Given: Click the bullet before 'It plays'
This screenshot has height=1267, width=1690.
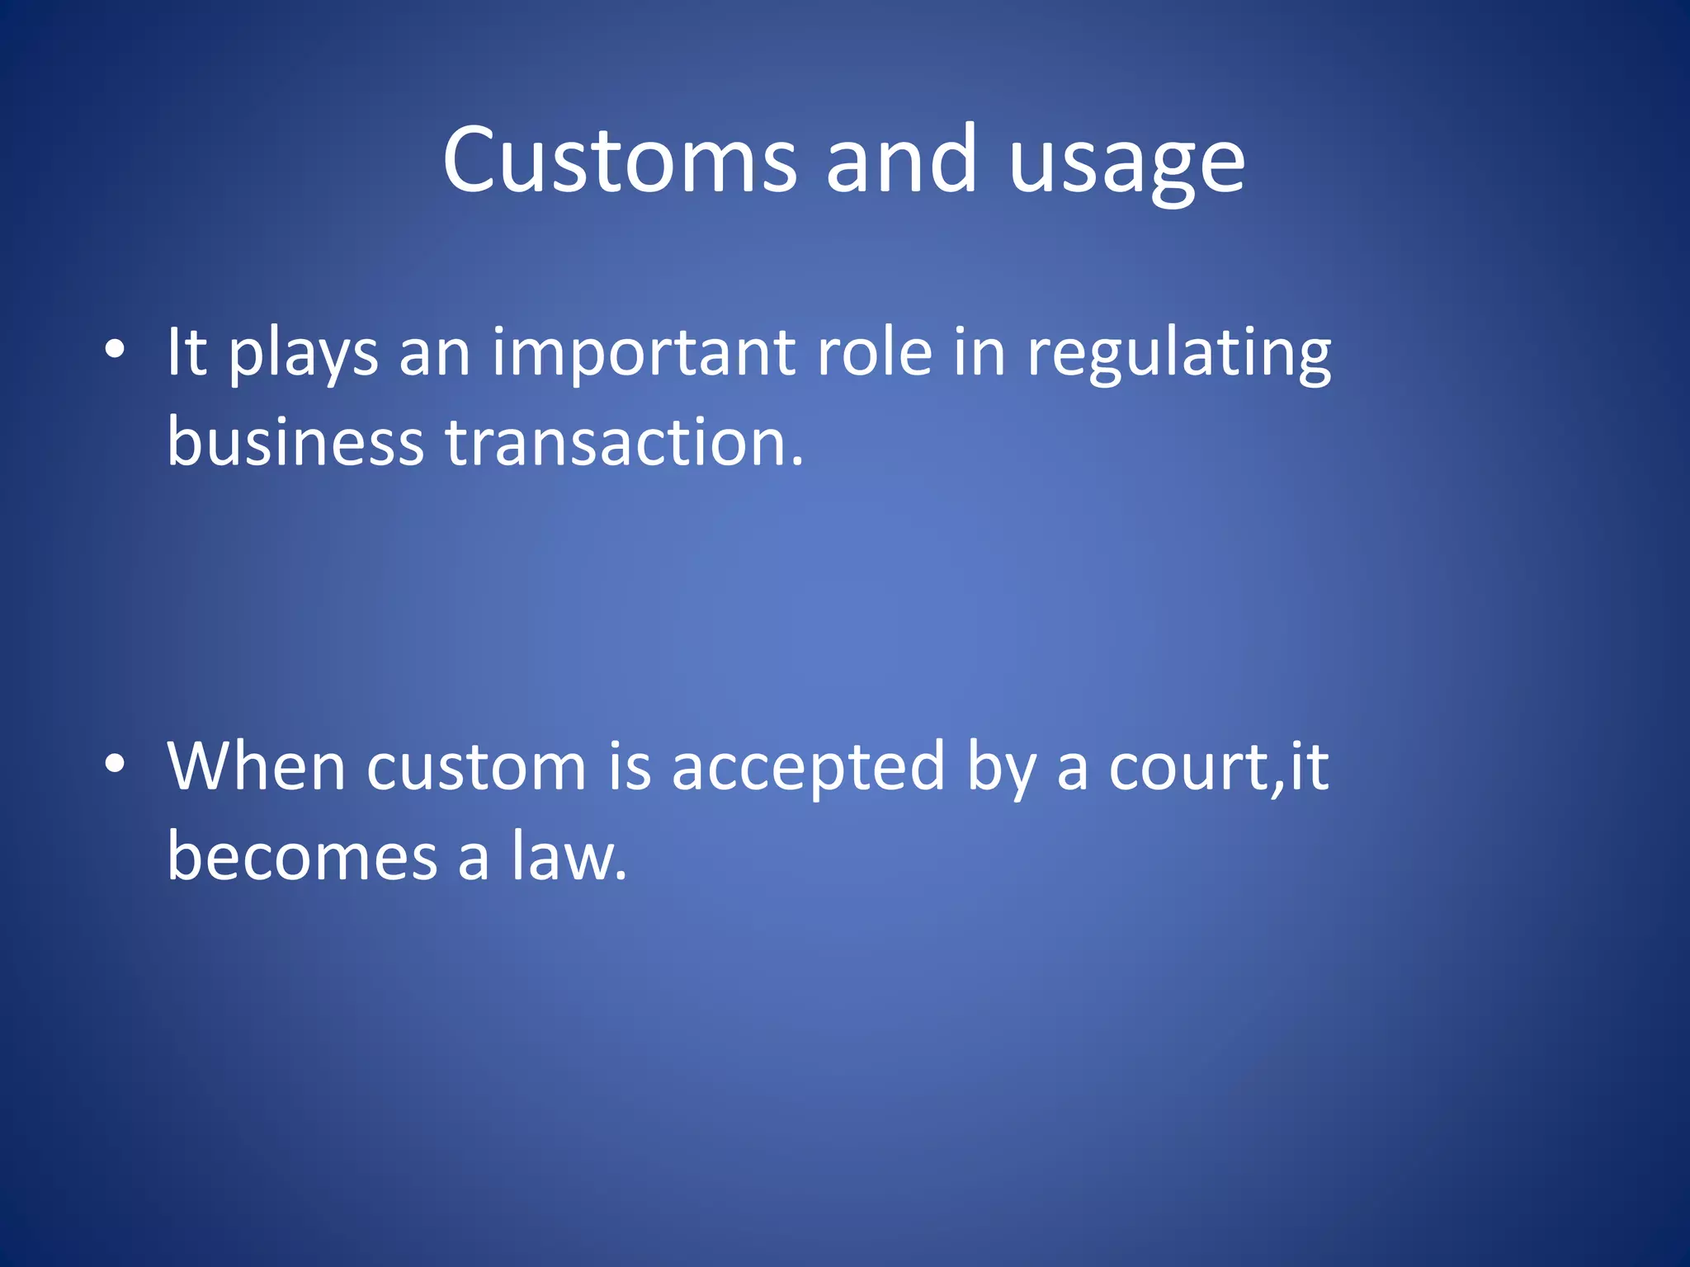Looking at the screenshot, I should [x=115, y=350].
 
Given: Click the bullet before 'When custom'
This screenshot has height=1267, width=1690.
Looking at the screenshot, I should [x=115, y=765].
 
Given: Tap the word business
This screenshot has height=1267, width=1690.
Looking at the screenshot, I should [x=295, y=440].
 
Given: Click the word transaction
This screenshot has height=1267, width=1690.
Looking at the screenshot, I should [x=615, y=442].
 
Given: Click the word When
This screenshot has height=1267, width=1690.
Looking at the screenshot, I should [x=257, y=767].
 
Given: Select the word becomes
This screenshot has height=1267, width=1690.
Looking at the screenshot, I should [x=302, y=856].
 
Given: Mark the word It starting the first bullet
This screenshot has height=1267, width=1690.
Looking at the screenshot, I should [x=186, y=353].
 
